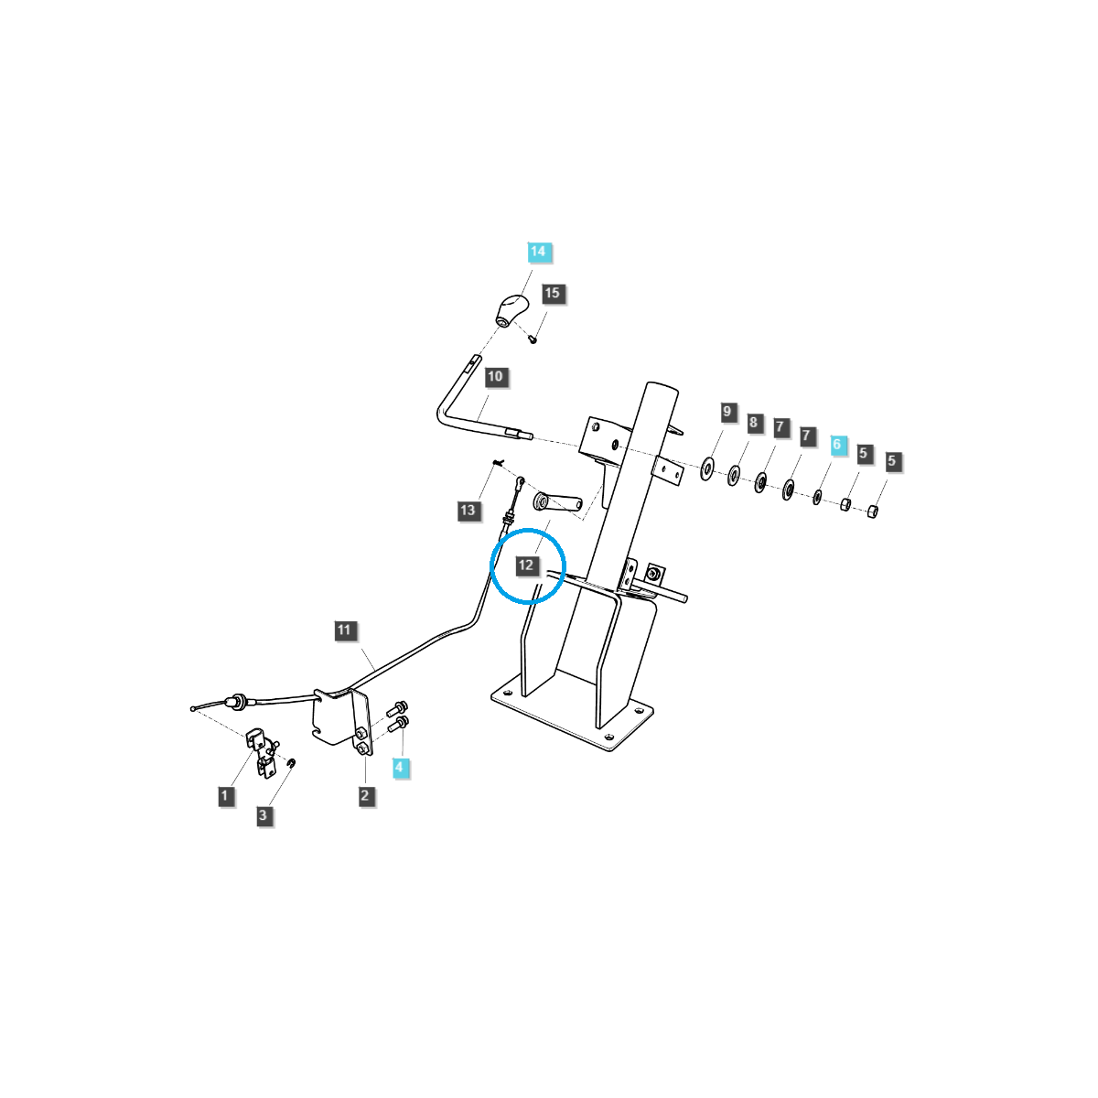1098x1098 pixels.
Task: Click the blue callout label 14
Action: [x=538, y=252]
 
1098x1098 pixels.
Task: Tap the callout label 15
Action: [x=552, y=294]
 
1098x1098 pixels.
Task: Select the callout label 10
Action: [x=495, y=377]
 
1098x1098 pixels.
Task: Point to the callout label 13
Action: [x=468, y=510]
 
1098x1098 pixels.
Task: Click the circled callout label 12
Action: [x=526, y=565]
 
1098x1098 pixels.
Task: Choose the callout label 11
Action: [x=344, y=630]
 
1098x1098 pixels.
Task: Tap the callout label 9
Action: [x=727, y=412]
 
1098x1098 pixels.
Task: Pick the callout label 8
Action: [x=753, y=422]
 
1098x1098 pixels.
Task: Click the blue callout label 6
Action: [x=836, y=445]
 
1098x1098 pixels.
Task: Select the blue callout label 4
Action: [x=399, y=767]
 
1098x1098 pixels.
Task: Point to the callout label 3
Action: [x=263, y=815]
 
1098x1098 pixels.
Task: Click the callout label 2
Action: [x=365, y=795]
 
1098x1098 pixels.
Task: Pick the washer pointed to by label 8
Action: [x=733, y=476]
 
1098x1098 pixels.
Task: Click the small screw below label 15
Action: [x=533, y=339]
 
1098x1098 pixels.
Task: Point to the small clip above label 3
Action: [x=292, y=763]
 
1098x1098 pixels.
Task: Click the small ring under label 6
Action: [x=817, y=497]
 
